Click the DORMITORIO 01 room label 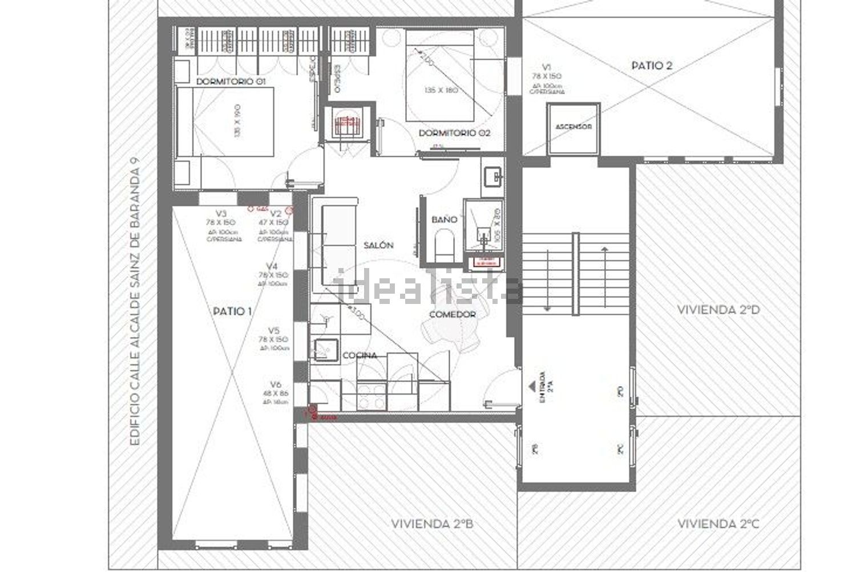[x=231, y=82]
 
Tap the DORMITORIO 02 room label [x=454, y=133]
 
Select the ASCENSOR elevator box [x=574, y=127]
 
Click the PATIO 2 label [x=652, y=66]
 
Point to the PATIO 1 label [x=232, y=311]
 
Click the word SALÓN [x=378, y=245]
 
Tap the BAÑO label [x=444, y=219]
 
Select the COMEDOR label [x=452, y=314]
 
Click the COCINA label [x=360, y=355]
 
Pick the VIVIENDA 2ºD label [x=719, y=310]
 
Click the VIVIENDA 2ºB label [x=432, y=523]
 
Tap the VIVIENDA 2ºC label [x=718, y=523]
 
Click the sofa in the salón [x=339, y=245]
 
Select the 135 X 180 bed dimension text [x=441, y=90]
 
